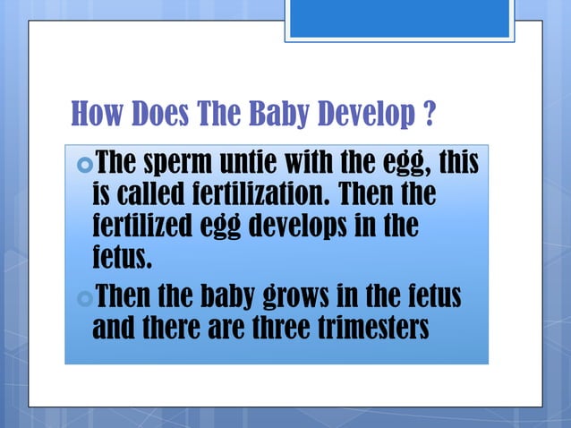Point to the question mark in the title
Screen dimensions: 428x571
tap(430, 115)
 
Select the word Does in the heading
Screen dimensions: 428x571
tap(164, 115)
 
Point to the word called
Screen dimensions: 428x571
tap(151, 194)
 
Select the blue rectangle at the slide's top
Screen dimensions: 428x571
tap(399, 19)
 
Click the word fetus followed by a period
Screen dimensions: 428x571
tap(122, 257)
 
